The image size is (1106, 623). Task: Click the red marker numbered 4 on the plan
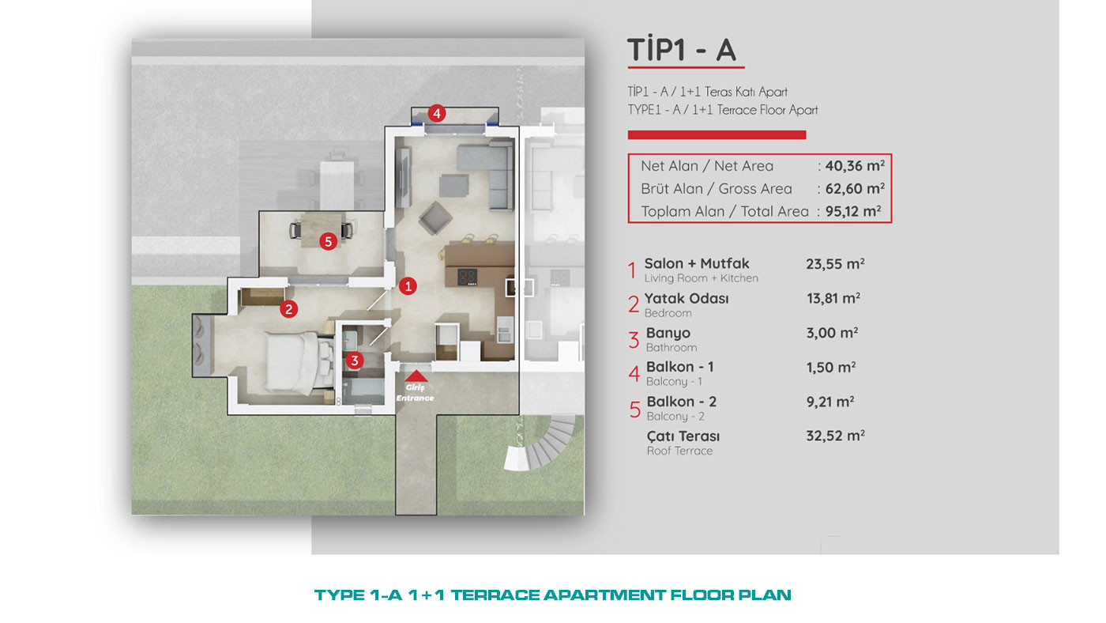[436, 114]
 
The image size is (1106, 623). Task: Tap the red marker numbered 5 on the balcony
[329, 242]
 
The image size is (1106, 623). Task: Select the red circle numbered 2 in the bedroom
[289, 309]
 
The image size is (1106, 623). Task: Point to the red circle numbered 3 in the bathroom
[355, 361]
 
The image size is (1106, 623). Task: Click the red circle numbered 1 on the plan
[408, 286]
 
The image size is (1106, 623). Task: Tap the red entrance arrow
[416, 376]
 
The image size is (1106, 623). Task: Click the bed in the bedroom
[299, 363]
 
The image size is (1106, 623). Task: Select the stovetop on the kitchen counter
[467, 277]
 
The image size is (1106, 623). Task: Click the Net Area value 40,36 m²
[855, 166]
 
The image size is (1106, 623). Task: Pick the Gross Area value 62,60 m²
[855, 189]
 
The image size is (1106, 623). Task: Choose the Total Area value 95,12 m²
[853, 211]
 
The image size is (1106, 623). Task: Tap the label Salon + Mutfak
[697, 263]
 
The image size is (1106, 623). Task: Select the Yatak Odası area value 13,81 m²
[833, 298]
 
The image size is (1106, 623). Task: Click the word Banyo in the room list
[668, 334]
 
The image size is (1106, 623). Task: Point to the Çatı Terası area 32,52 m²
[836, 436]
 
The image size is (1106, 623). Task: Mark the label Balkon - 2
[681, 402]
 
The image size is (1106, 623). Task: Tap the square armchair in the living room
[435, 217]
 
